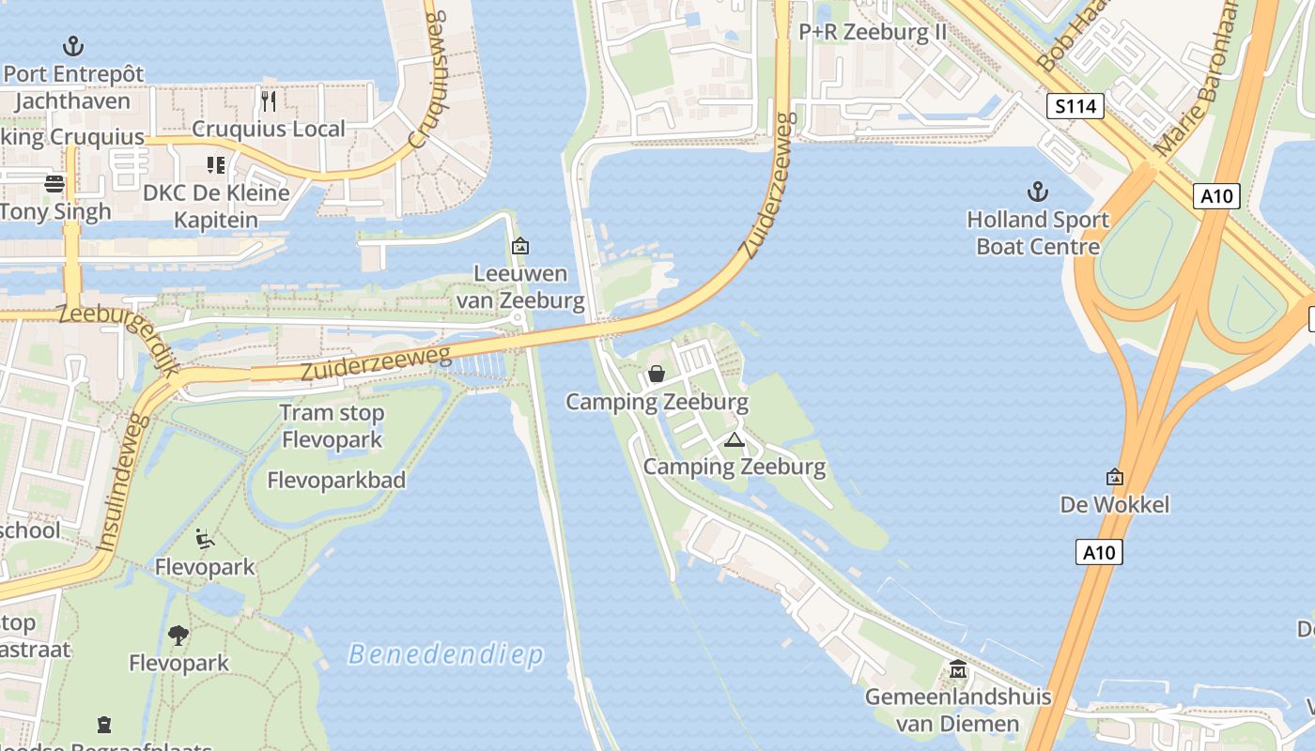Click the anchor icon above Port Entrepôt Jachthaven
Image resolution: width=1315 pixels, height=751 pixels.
[72, 45]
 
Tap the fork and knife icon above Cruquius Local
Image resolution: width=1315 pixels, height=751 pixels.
[269, 100]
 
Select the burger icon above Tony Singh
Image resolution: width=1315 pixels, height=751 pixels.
[54, 183]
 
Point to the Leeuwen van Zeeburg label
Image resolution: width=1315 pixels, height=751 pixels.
[520, 287]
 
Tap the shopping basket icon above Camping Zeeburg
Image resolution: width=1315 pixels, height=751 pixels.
[657, 374]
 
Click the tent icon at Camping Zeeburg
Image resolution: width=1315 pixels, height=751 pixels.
[734, 439]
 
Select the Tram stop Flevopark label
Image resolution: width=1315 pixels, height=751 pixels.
[332, 426]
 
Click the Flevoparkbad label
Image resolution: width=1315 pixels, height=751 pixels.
[336, 481]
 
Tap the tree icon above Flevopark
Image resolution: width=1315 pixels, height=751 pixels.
[178, 636]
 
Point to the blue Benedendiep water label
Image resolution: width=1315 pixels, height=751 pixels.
[445, 654]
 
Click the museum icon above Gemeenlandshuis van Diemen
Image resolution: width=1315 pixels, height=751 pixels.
[958, 669]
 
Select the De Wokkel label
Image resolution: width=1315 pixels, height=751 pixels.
[1115, 505]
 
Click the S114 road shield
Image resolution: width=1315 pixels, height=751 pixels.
[1075, 106]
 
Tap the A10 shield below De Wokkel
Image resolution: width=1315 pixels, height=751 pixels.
[1099, 552]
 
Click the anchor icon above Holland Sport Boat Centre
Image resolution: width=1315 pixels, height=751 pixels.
[1037, 192]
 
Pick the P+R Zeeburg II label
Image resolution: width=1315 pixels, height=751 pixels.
[873, 32]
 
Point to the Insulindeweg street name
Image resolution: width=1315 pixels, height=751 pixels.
[123, 483]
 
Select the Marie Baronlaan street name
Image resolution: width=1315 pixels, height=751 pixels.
[1196, 80]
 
